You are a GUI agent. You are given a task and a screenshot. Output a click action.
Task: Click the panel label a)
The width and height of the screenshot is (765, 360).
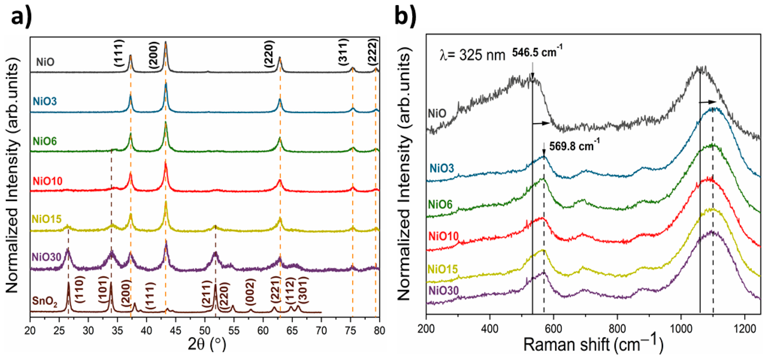(x=21, y=17)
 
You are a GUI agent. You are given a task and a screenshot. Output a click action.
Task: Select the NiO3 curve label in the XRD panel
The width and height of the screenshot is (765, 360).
(x=45, y=101)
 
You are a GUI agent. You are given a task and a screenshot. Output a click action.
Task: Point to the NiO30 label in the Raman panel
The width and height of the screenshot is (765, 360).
(x=444, y=291)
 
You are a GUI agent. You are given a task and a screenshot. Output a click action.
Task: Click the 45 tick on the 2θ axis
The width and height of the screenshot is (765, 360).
(x=176, y=330)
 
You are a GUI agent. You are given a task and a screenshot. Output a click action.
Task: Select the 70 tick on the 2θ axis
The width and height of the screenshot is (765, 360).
(x=321, y=330)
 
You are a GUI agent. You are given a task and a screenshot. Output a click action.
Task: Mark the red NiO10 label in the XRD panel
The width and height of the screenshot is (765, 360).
(x=47, y=181)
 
